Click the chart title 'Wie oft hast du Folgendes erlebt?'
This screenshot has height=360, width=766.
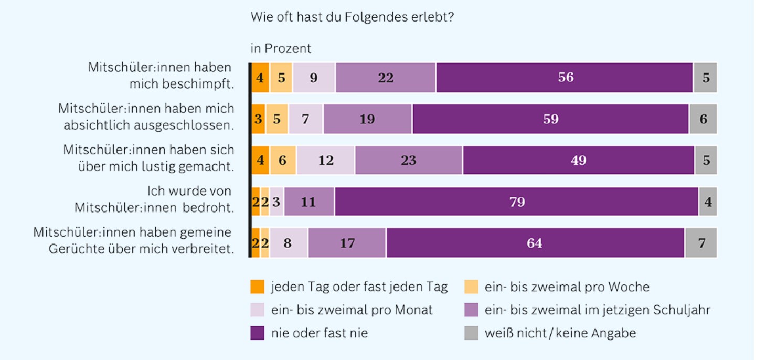tap(352, 17)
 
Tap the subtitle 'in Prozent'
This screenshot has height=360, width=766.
tap(281, 49)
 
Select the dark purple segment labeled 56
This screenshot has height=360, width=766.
tap(565, 77)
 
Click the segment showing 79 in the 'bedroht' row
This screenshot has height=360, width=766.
tap(516, 202)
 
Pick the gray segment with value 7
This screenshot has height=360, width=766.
tap(701, 243)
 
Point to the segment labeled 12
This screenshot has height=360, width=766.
tap(325, 160)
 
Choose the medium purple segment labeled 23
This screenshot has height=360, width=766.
tap(409, 160)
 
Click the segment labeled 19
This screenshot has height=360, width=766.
tap(368, 119)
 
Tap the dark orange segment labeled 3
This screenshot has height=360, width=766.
tap(258, 119)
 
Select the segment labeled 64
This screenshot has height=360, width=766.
tap(536, 243)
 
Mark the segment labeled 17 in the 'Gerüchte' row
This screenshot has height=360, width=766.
tap(347, 243)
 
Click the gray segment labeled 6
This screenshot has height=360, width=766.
tap(704, 119)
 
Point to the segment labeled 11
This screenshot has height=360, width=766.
tap(309, 202)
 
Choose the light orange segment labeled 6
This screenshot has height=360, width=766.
tap(283, 160)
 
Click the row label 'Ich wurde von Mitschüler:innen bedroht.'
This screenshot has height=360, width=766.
tap(154, 199)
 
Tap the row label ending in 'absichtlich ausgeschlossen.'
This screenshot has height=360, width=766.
tap(146, 117)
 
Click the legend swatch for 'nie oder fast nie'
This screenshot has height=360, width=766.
tap(257, 333)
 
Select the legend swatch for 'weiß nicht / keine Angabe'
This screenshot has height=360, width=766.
tap(471, 333)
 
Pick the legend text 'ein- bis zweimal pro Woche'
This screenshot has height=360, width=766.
tap(567, 287)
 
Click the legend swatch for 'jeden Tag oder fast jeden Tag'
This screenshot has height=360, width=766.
tap(257, 287)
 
